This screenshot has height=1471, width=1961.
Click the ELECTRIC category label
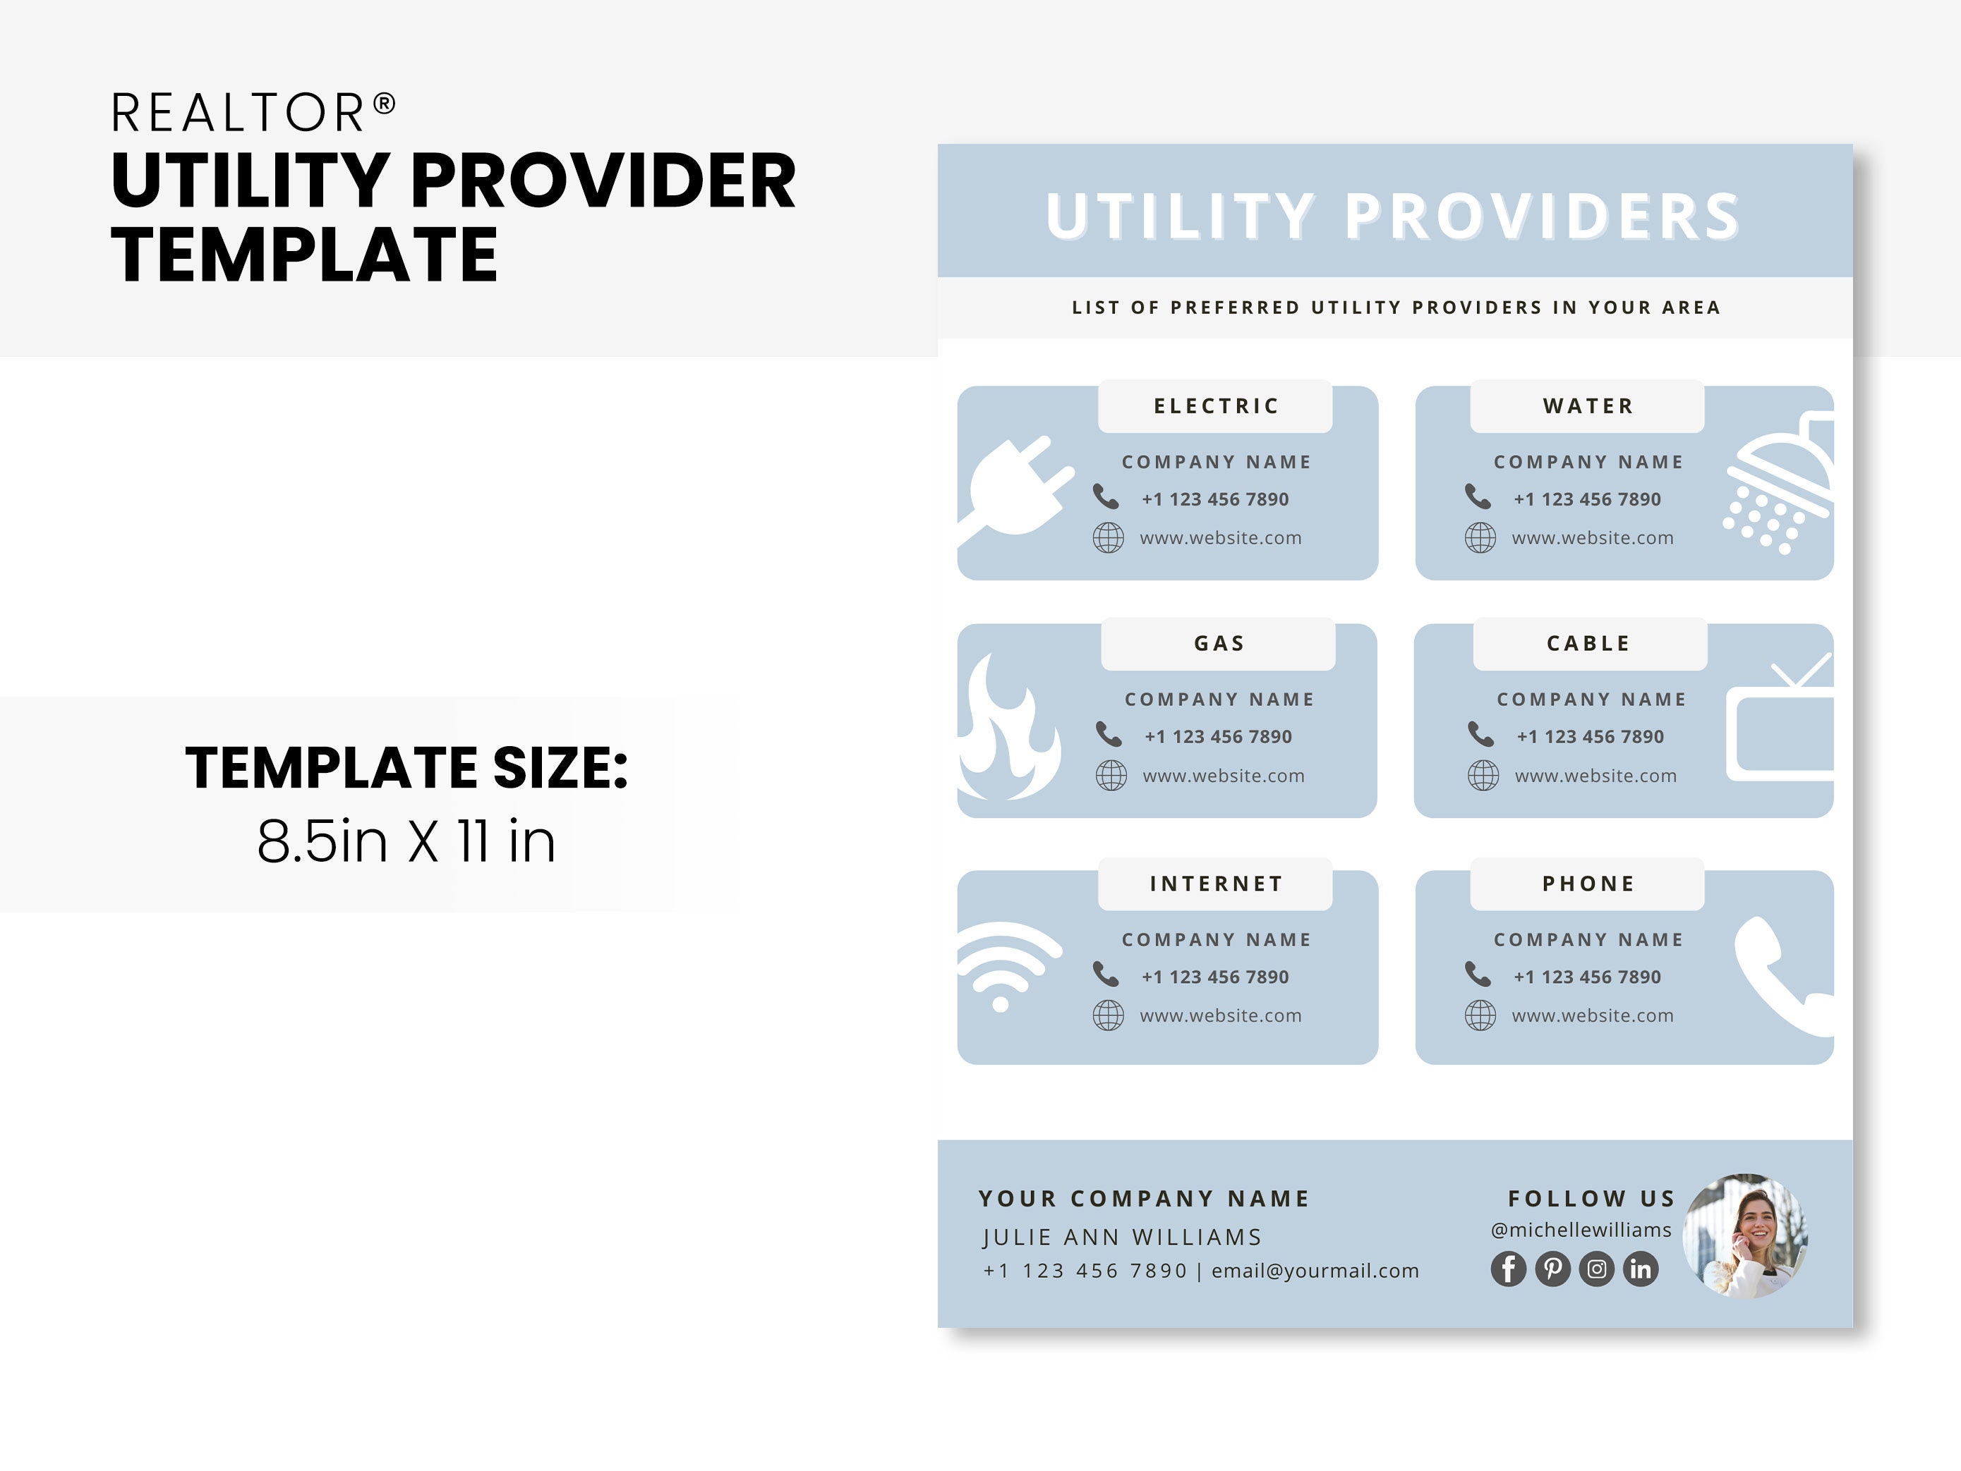click(x=1215, y=407)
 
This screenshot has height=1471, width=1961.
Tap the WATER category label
click(x=1587, y=407)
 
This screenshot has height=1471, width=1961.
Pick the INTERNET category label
click(x=1215, y=884)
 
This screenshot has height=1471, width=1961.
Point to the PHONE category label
click(x=1588, y=884)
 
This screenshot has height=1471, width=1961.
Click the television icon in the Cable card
click(x=1780, y=726)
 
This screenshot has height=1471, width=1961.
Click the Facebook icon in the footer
click(x=1508, y=1269)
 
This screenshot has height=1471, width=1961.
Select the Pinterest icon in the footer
click(x=1552, y=1269)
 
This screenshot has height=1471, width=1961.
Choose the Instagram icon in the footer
click(x=1597, y=1269)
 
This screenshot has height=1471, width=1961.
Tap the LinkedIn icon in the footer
click(x=1640, y=1269)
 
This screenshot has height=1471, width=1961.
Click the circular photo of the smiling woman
click(x=1744, y=1236)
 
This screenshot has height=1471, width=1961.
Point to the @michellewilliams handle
click(x=1581, y=1230)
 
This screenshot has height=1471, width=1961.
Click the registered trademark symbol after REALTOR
click(x=384, y=104)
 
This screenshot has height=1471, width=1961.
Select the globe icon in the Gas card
click(x=1111, y=776)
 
